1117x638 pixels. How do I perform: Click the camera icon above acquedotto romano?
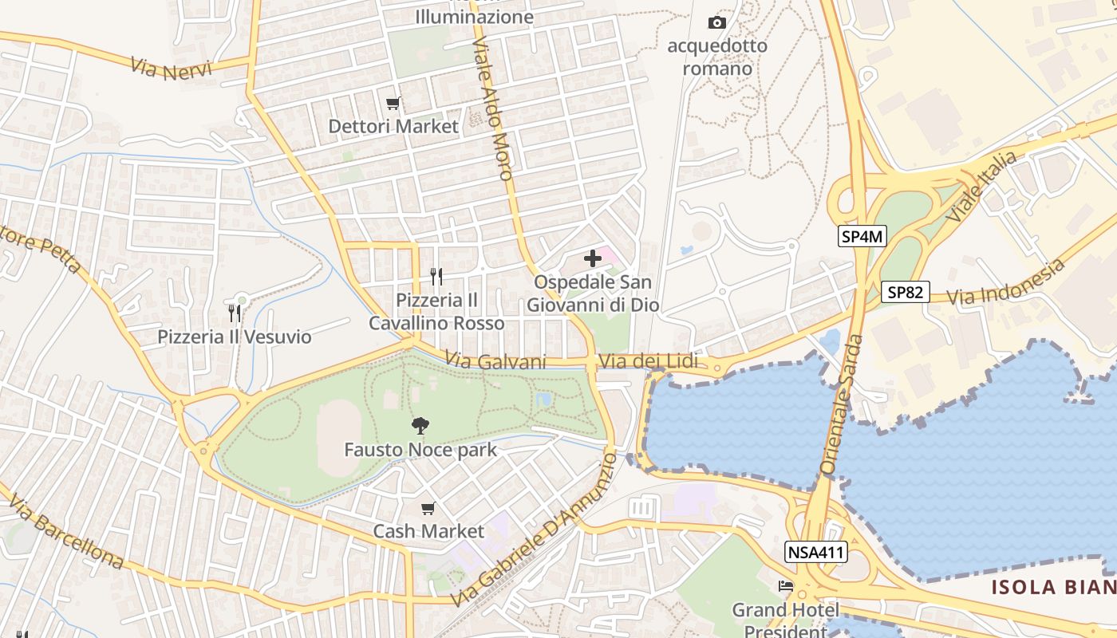[x=717, y=23]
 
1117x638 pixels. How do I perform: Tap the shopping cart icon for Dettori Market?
[x=393, y=103]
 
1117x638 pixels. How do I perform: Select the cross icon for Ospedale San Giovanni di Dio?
[x=592, y=258]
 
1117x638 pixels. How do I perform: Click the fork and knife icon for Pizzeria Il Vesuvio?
[x=234, y=313]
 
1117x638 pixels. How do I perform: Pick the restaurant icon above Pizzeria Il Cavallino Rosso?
[x=436, y=277]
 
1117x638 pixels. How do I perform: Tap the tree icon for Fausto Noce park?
[x=420, y=426]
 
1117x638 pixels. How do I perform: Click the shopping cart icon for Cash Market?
[x=428, y=508]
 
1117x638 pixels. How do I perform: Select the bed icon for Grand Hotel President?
[x=786, y=586]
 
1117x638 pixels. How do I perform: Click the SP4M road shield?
[x=862, y=237]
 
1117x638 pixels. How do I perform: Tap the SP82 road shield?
[x=906, y=293]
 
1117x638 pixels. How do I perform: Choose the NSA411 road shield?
[x=816, y=552]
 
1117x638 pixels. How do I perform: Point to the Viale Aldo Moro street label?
[x=492, y=109]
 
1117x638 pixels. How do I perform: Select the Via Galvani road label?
[x=496, y=362]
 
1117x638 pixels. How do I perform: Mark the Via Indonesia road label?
[x=1008, y=283]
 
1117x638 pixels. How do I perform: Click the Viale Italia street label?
[x=981, y=187]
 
